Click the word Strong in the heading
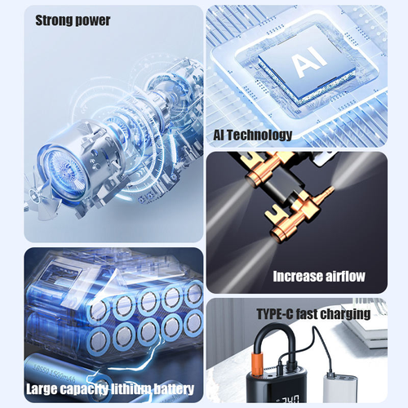click(x=55, y=20)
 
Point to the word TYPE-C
click(x=273, y=313)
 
